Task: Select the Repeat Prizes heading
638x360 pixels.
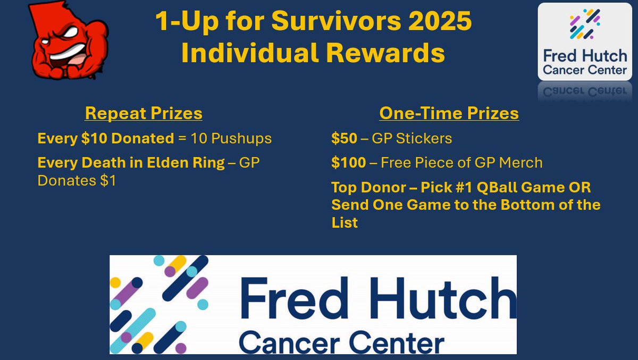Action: (x=144, y=113)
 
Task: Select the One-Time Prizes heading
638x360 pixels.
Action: (x=449, y=113)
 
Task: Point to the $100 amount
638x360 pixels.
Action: (x=348, y=162)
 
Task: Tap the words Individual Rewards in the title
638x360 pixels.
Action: (x=313, y=53)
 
